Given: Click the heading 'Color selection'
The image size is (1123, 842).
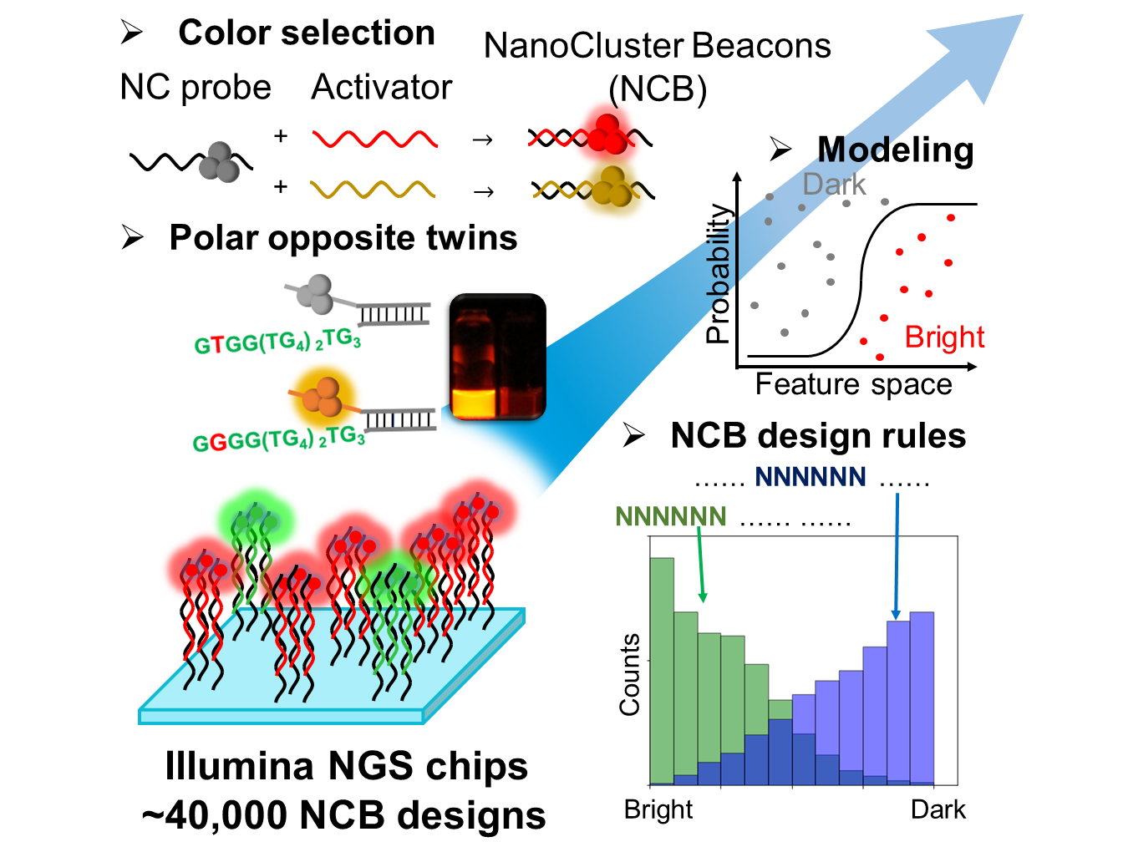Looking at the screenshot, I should click(306, 33).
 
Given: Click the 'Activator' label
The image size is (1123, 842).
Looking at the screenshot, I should click(381, 87).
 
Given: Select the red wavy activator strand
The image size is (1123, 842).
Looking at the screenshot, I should click(374, 139).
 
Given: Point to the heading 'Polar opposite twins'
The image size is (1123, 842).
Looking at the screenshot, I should click(343, 237).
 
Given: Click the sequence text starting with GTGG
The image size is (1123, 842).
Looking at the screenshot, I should click(277, 342).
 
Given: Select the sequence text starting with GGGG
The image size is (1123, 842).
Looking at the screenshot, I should click(278, 439).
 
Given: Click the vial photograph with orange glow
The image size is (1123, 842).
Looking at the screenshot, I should click(497, 357).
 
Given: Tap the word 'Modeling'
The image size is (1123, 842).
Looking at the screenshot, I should click(895, 150).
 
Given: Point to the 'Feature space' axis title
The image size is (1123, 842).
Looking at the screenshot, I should click(853, 384).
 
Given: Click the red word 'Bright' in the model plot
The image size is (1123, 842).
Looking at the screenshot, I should click(944, 337).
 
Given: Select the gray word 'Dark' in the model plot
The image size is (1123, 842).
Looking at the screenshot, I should click(834, 185).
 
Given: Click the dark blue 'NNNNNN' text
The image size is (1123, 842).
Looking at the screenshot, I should click(810, 477).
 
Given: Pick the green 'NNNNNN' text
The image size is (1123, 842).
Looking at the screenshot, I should click(670, 517).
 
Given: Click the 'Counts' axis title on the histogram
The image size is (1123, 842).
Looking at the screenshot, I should click(630, 674).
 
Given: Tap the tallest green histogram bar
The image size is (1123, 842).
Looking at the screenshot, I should click(662, 668).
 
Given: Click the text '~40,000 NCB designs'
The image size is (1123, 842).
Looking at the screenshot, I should click(343, 815).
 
